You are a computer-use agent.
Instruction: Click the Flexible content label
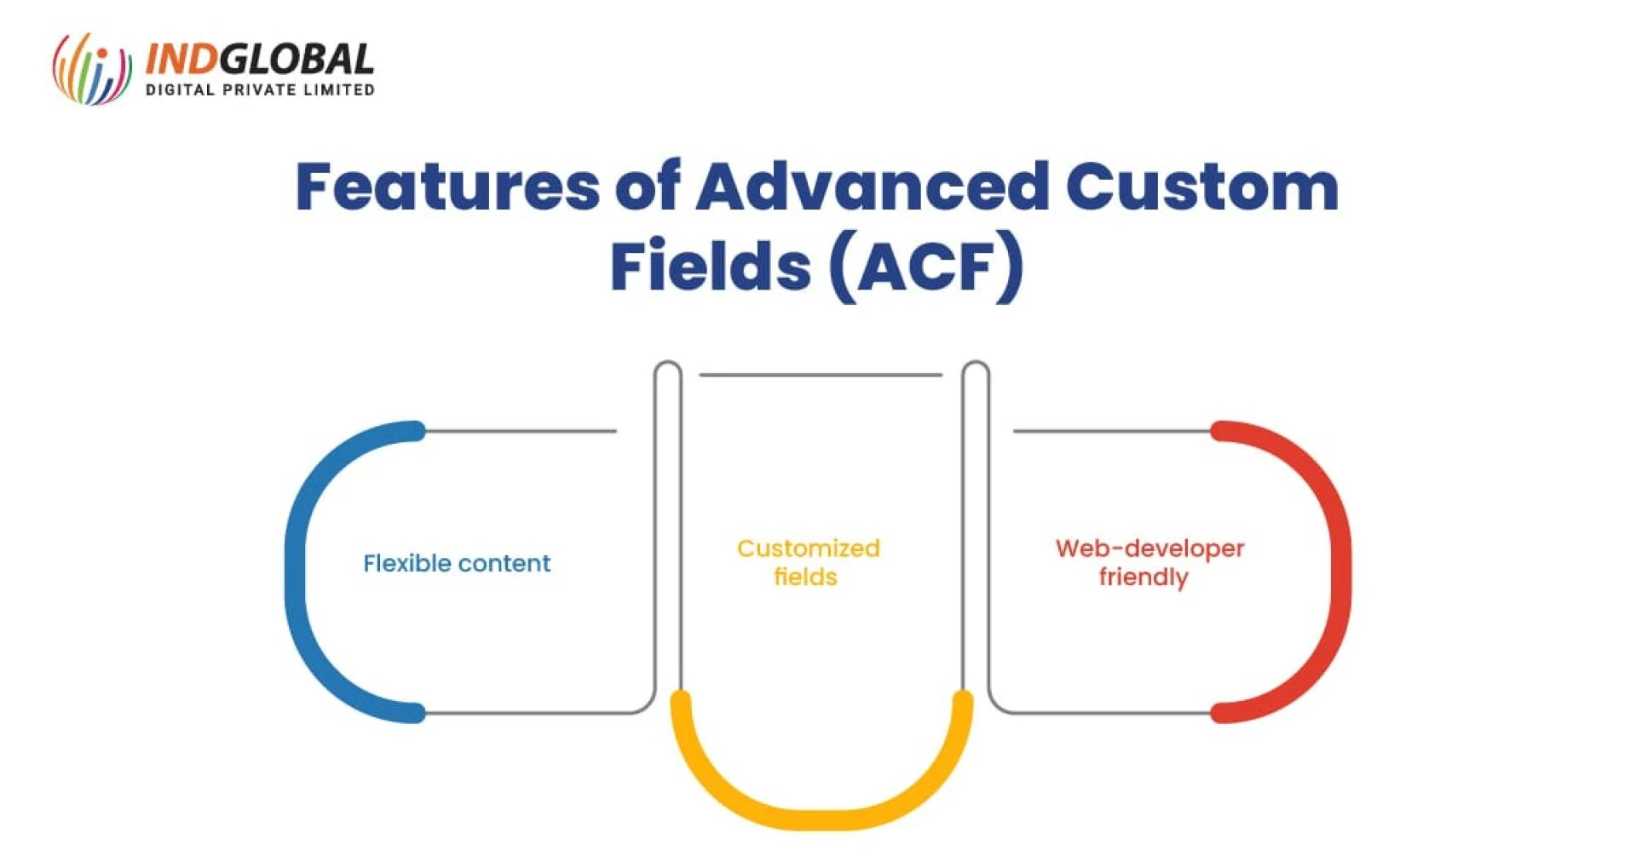click(x=457, y=563)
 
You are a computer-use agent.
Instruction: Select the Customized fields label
click(x=808, y=562)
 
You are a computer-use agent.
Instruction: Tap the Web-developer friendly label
click(x=1149, y=562)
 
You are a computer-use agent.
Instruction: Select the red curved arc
click(x=1339, y=571)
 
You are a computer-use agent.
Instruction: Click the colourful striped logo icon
click(x=92, y=69)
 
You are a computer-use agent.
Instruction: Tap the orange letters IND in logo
click(x=181, y=60)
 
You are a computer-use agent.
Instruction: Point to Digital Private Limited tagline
click(x=260, y=89)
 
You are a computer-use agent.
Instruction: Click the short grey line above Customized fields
click(x=821, y=375)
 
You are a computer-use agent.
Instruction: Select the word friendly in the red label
click(x=1143, y=577)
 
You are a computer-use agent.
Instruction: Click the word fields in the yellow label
click(x=805, y=577)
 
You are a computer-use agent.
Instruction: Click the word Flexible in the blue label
click(x=405, y=563)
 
